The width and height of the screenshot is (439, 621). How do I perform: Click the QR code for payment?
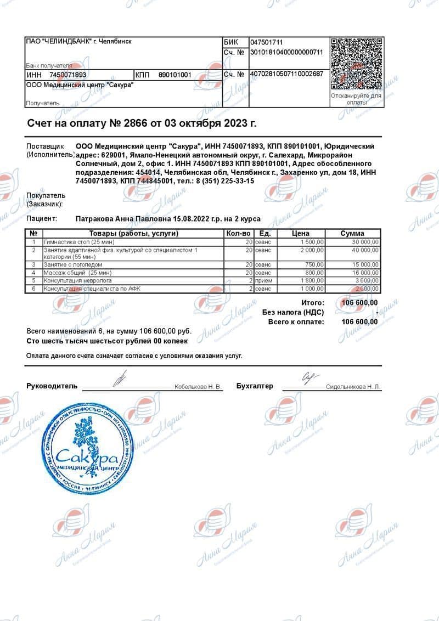coord(356,63)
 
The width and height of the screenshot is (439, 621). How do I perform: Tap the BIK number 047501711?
coord(267,42)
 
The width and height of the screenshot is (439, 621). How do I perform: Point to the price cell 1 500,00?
coord(312,242)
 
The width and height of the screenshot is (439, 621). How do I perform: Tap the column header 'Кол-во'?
coord(238,234)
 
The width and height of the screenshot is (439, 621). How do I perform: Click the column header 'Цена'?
coord(301,234)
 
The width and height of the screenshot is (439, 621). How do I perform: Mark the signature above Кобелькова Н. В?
coord(120,379)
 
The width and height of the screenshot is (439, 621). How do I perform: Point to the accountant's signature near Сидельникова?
coord(309,377)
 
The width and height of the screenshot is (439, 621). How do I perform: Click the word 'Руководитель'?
coord(52,386)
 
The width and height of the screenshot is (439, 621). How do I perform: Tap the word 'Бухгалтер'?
coord(255,386)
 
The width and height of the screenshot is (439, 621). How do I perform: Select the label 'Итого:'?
coord(313,303)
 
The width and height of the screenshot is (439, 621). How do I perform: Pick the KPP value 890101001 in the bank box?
coord(175,75)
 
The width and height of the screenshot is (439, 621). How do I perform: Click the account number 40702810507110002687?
coord(286,74)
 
